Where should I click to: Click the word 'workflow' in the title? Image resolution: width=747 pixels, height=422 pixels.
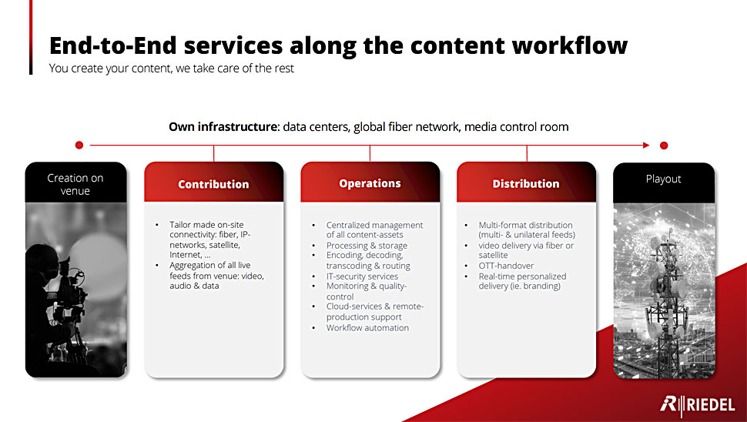pos(570,45)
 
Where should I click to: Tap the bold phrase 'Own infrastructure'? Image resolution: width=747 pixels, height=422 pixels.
pos(223,127)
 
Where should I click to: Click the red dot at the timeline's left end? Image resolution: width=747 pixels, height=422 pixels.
pos(79,146)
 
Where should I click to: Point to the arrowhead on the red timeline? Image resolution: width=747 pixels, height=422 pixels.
pos(646,146)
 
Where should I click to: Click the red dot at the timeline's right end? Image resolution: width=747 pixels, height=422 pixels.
pos(664,146)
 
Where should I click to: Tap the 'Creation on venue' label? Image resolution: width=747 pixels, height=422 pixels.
pos(75,184)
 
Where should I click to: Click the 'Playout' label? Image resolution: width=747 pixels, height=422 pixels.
pos(664,179)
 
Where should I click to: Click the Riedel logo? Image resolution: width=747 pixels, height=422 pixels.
pos(698,404)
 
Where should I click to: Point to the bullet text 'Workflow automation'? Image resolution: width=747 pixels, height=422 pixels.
pos(367,328)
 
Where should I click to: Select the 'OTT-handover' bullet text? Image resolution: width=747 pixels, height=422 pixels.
pos(506,266)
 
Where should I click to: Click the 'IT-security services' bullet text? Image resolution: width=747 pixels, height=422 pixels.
pos(362,276)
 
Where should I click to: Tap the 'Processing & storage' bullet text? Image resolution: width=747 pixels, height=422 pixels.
pos(367,246)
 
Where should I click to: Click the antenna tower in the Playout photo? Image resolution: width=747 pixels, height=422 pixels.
pos(666,305)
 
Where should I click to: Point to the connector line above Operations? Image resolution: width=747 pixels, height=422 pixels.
pos(370,153)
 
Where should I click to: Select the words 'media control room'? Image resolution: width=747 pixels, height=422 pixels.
pos(517,127)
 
